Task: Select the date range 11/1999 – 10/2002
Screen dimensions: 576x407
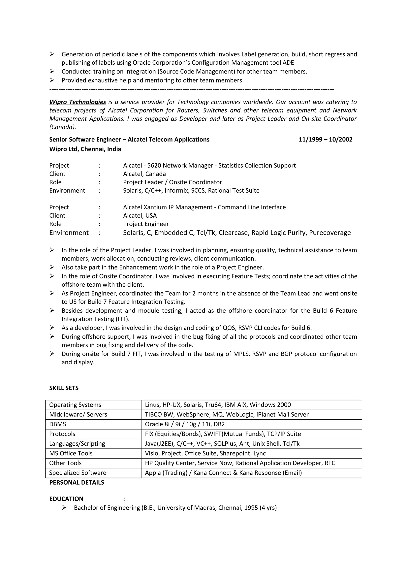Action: tap(325, 140)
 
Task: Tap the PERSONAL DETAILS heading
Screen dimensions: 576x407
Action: tap(77, 482)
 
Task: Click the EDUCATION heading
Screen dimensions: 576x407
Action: tap(66, 499)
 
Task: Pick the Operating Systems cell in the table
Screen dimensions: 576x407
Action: tap(75, 405)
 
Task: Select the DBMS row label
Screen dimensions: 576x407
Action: tap(58, 424)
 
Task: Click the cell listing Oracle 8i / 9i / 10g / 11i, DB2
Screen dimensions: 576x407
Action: tap(185, 424)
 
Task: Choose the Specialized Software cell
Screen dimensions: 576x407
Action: tap(78, 473)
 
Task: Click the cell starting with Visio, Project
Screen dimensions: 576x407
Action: tap(205, 453)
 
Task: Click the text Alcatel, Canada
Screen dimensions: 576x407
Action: tap(144, 174)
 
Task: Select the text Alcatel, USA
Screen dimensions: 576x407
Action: tap(140, 215)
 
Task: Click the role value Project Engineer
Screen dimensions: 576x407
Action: tap(146, 224)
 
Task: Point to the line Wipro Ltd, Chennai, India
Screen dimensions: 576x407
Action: tap(85, 149)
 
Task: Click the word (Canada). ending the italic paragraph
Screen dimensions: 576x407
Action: tap(62, 127)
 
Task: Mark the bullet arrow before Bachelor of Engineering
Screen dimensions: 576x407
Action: tap(64, 507)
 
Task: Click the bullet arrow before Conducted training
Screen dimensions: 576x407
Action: tap(52, 72)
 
